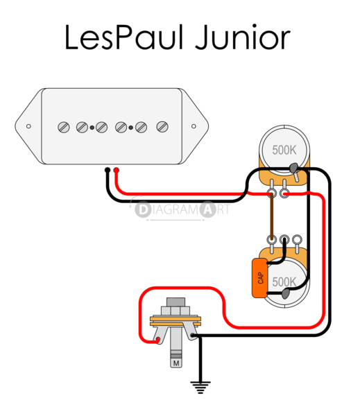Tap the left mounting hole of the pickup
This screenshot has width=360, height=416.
pyautogui.click(x=29, y=126)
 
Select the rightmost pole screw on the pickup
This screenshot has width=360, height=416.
pyautogui.click(x=163, y=126)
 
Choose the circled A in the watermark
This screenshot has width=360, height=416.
pyautogui.click(x=207, y=208)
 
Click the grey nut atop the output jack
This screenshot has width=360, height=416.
pyautogui.click(x=176, y=304)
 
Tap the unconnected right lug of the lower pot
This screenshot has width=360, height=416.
pyautogui.click(x=296, y=241)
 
